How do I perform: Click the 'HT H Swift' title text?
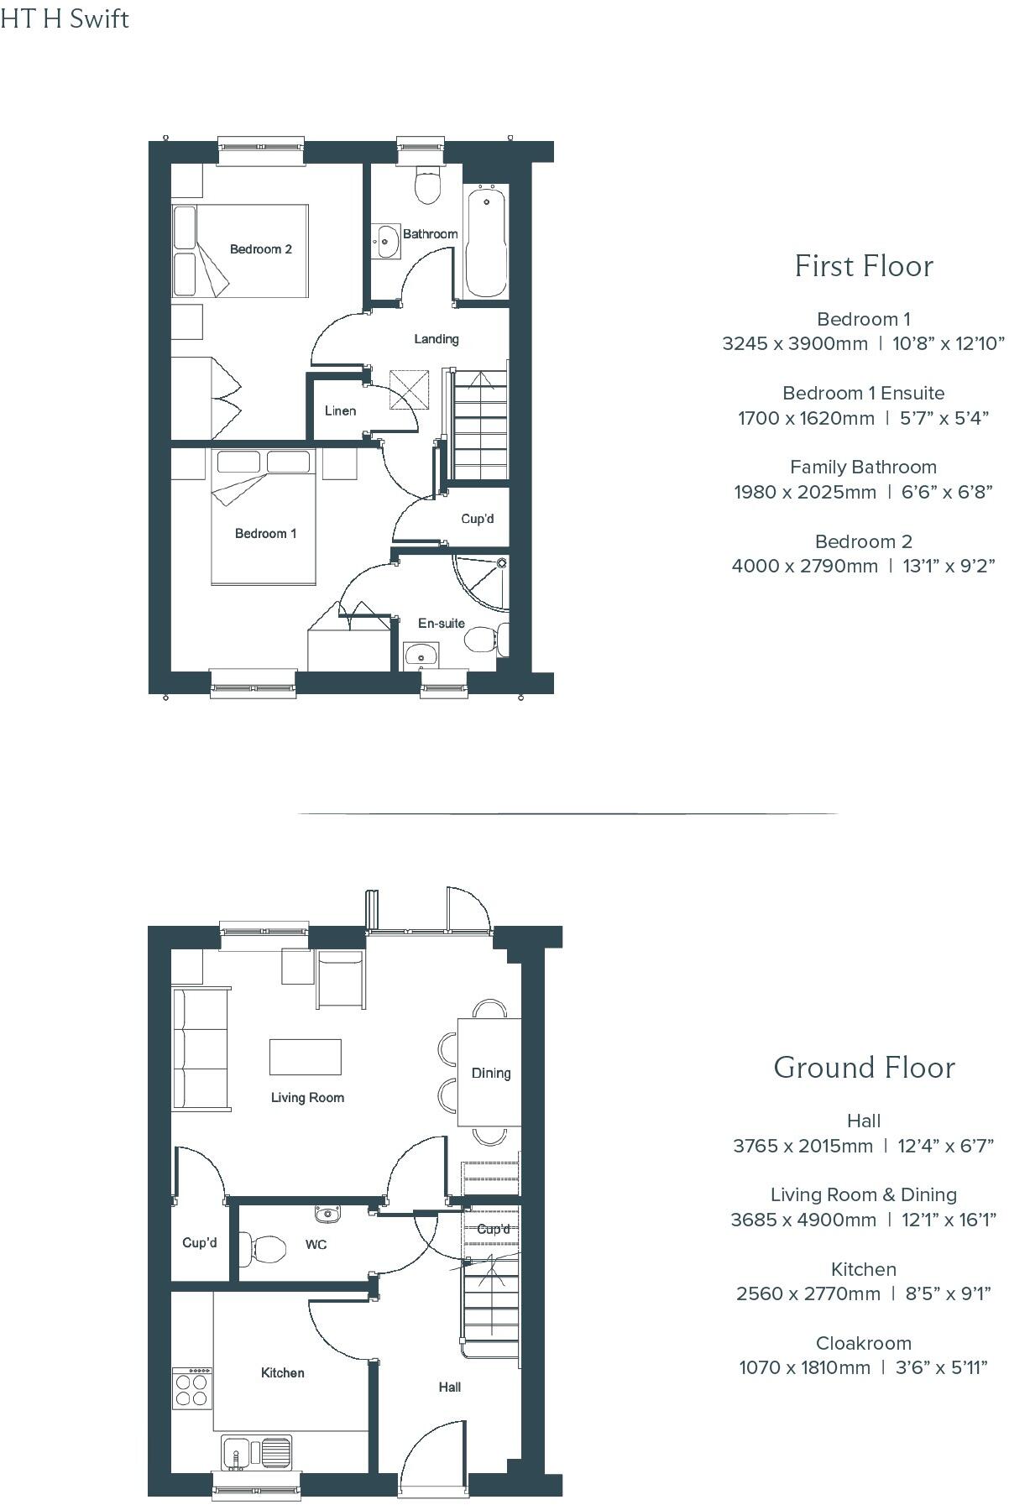[x=65, y=18]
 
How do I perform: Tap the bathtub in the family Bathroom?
[x=485, y=242]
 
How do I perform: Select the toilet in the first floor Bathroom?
[x=428, y=185]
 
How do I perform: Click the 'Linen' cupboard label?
[x=340, y=410]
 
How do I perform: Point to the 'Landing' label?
[x=436, y=339]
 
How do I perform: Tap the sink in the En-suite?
[x=419, y=654]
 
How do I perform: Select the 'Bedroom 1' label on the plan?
[x=265, y=534]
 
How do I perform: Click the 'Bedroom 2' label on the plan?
[x=260, y=249]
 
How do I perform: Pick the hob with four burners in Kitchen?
[x=191, y=1389]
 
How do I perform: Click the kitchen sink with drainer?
[x=256, y=1450]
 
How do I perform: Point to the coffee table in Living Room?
[x=305, y=1057]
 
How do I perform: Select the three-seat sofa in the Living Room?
[x=201, y=1049]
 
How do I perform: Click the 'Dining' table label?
[x=490, y=1073]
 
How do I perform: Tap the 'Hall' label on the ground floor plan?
[x=449, y=1387]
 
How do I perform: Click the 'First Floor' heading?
[x=864, y=266]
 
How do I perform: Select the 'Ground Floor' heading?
[x=864, y=1068]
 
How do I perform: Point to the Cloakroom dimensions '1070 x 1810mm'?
[x=804, y=1367]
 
